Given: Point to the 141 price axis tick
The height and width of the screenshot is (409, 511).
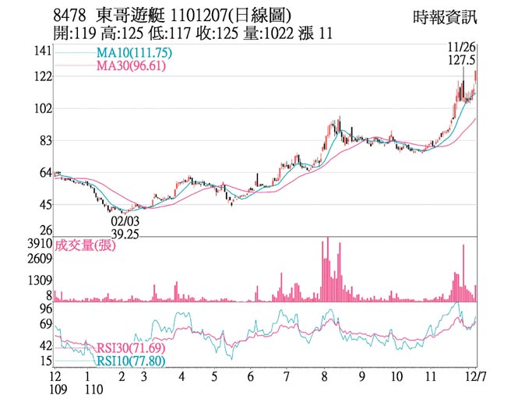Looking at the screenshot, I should click(42, 51).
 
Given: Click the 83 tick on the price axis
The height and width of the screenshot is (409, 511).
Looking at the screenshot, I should click(44, 141).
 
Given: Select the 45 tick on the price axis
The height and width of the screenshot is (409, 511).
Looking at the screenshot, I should click(44, 205).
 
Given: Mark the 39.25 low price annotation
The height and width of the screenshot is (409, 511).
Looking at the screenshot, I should click(124, 234).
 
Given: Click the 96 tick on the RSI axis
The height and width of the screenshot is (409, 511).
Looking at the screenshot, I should click(44, 309).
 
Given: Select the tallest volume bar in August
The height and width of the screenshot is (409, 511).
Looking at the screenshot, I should click(328, 270).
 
